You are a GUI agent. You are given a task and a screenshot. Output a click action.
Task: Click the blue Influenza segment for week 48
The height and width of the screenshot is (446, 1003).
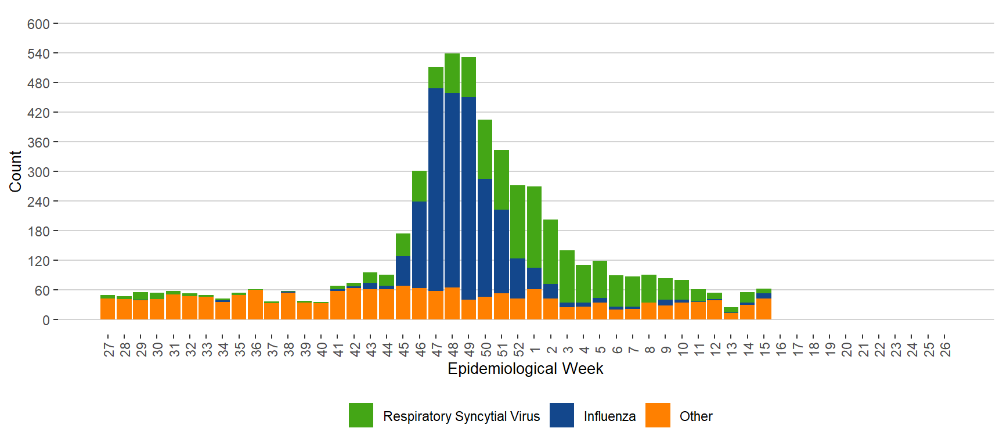[452, 190]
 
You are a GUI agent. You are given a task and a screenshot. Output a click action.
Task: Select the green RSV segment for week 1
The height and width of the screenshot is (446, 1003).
[534, 226]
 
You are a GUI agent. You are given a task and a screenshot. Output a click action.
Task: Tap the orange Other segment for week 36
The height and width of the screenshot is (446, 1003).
[255, 305]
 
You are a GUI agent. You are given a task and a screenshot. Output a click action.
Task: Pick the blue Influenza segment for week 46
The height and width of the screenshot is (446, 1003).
[419, 244]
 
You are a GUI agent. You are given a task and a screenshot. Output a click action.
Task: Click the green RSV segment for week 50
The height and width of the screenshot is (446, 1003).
[485, 149]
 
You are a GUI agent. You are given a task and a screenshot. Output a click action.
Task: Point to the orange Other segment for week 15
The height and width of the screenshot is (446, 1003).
[764, 309]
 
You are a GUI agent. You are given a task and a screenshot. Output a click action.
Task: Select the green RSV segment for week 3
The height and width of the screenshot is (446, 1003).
[567, 276]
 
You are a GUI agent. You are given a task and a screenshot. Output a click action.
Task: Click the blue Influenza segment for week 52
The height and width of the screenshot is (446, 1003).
[518, 278]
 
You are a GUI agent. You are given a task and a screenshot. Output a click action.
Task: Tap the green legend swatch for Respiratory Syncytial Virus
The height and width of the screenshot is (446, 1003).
[361, 415]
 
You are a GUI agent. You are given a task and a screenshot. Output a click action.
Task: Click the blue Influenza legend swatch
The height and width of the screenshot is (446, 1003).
[561, 415]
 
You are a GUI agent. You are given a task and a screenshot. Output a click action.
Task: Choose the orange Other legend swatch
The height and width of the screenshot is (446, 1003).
[658, 415]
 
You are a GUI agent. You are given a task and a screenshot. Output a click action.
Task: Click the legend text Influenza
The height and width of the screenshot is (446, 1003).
[609, 416]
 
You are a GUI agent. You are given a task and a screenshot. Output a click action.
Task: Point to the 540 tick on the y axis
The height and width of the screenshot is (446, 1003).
[38, 54]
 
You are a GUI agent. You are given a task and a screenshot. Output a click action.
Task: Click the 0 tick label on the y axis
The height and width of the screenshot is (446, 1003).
[46, 320]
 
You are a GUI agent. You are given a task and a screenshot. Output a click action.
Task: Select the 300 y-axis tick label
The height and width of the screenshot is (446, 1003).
[38, 172]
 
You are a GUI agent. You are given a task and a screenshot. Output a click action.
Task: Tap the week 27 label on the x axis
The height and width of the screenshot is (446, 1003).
[109, 349]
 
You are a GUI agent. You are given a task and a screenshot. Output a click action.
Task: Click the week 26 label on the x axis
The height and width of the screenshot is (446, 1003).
[945, 349]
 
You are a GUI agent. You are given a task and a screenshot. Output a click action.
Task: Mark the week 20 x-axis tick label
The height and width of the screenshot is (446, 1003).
[847, 349]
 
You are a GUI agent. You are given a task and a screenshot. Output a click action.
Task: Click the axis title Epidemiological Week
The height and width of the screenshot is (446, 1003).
[525, 369]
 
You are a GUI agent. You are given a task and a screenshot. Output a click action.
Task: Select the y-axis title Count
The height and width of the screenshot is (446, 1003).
[15, 171]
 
